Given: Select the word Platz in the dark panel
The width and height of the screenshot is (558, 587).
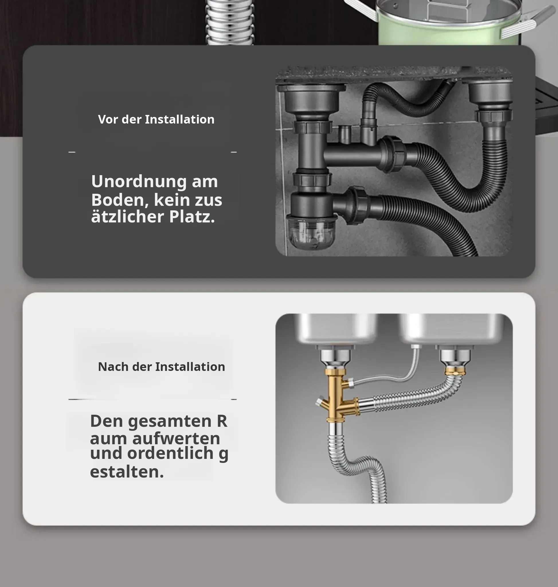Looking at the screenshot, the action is click(x=192, y=217).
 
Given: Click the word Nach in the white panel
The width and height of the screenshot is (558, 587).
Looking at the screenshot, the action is click(x=113, y=367).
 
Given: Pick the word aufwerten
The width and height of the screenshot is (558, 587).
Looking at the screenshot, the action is click(x=176, y=439).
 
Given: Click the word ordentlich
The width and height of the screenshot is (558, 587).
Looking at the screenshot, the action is click(x=171, y=453).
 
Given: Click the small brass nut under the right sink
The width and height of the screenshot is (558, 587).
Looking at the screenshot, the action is click(x=455, y=370).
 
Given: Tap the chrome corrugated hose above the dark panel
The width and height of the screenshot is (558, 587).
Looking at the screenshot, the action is click(x=230, y=22).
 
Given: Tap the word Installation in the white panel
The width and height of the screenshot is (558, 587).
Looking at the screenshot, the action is click(x=190, y=367).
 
